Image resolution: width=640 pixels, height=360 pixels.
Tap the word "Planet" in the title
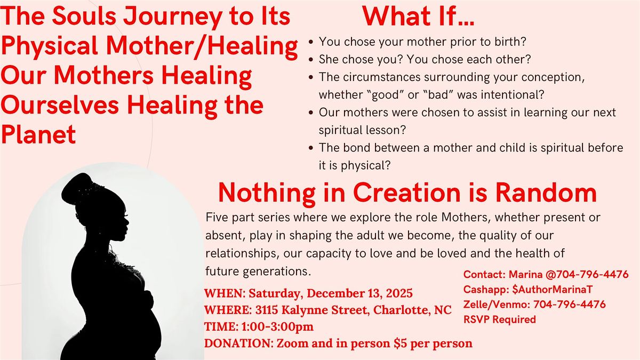pyautogui.click(x=38, y=135)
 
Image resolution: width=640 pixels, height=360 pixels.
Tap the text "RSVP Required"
pyautogui.click(x=499, y=319)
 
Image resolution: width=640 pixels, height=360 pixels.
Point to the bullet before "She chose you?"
pyautogui.click(x=311, y=59)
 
